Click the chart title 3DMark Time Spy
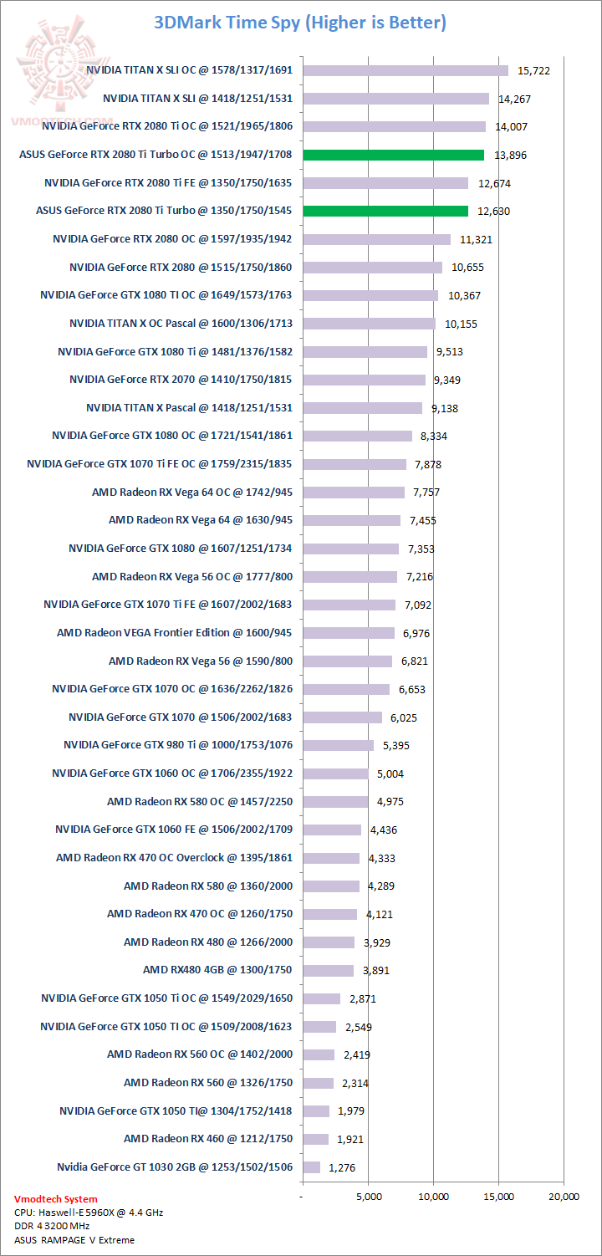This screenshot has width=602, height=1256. [x=301, y=23]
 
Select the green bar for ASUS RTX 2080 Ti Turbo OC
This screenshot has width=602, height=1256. [x=394, y=155]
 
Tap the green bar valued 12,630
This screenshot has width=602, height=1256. [x=385, y=211]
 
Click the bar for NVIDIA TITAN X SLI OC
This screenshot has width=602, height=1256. [x=406, y=70]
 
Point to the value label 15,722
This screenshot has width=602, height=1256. [x=533, y=70]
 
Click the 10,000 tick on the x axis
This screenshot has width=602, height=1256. [x=433, y=1196]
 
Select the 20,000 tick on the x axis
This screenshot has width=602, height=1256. [x=563, y=1196]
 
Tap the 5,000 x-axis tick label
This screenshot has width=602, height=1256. [x=368, y=1196]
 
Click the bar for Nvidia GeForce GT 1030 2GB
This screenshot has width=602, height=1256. [x=312, y=1167]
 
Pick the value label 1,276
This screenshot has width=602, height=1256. [x=342, y=1167]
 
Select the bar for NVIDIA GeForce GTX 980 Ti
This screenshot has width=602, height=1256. [x=339, y=745]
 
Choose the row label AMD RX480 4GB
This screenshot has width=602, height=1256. [x=217, y=970]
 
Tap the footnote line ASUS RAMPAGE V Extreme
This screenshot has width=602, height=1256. [x=74, y=1239]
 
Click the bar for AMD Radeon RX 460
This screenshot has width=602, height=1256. [x=316, y=1139]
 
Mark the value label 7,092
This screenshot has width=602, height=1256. [x=415, y=605]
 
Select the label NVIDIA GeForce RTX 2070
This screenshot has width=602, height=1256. [x=181, y=380]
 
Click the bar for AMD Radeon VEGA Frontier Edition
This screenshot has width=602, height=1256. [x=349, y=633]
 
